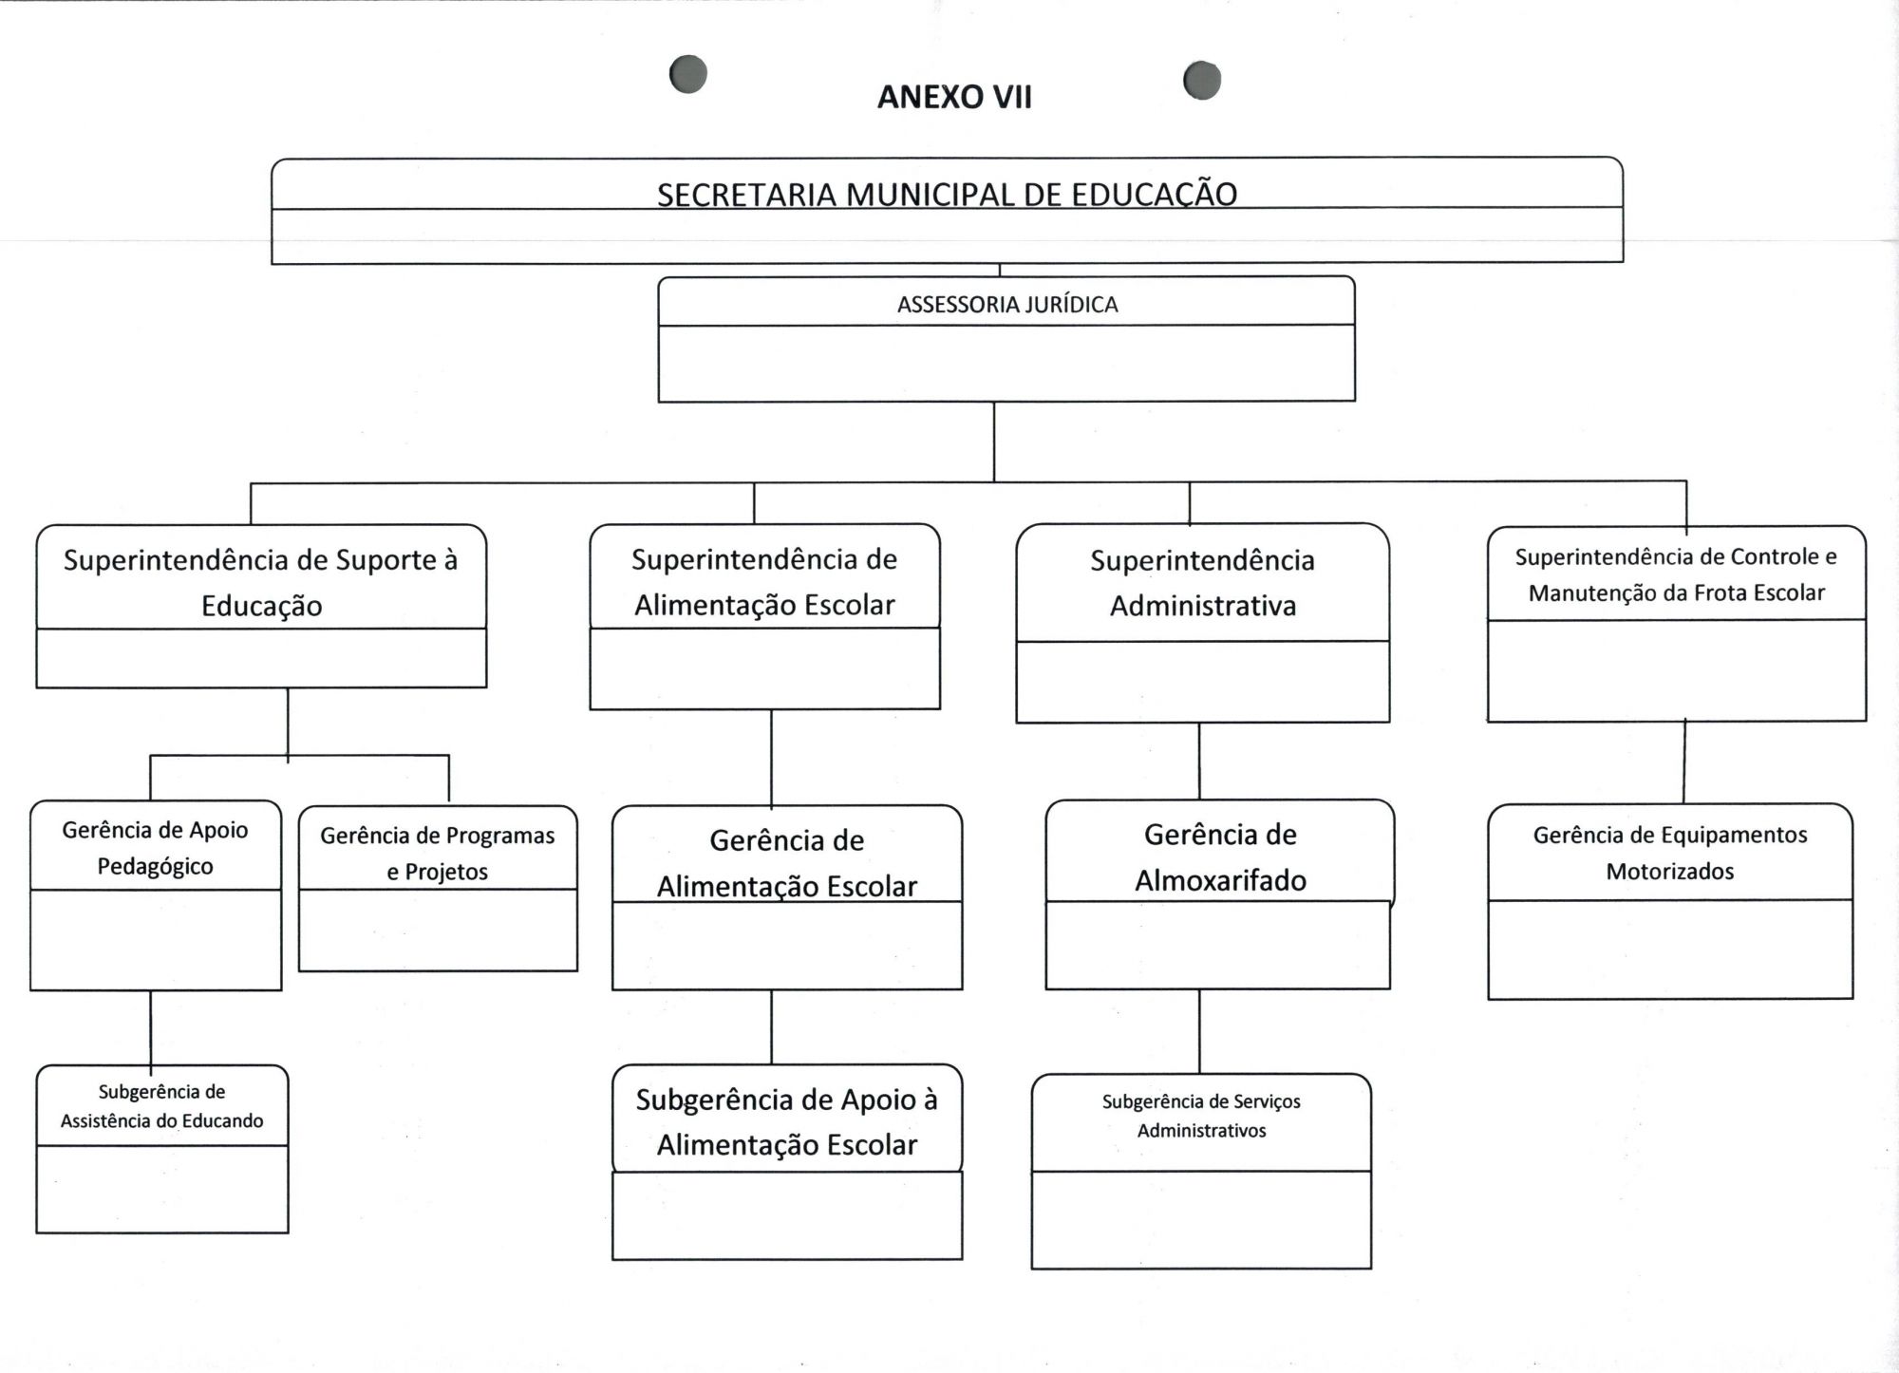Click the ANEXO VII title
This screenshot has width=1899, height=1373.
[x=954, y=97]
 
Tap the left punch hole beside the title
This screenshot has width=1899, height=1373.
[x=688, y=74]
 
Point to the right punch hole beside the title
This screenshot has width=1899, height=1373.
[x=1202, y=80]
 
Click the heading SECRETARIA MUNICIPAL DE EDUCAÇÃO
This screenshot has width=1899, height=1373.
[x=947, y=194]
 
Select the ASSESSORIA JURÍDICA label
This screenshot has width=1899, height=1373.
[x=1006, y=305]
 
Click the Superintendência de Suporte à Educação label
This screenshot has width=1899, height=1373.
[x=261, y=582]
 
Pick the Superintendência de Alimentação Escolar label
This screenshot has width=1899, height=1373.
[x=764, y=581]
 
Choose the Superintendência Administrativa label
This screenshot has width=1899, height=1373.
[x=1202, y=582]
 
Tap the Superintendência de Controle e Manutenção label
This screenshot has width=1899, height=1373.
[x=1676, y=574]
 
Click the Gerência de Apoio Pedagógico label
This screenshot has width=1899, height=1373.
[x=156, y=847]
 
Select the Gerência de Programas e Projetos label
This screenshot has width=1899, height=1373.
[x=438, y=853]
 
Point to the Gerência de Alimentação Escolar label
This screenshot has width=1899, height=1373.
[x=786, y=862]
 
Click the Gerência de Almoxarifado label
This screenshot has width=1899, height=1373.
[x=1220, y=856]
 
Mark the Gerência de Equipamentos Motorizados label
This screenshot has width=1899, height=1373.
[x=1670, y=852]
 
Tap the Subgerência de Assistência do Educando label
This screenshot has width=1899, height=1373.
[x=162, y=1106]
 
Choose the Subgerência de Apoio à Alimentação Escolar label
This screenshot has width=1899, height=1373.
[x=786, y=1121]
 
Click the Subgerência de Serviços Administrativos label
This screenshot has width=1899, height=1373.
[x=1201, y=1116]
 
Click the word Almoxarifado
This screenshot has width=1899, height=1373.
[x=1220, y=880]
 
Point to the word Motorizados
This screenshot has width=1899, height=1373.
[x=1670, y=871]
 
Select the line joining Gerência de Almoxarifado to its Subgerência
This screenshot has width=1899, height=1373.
[x=1199, y=1031]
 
